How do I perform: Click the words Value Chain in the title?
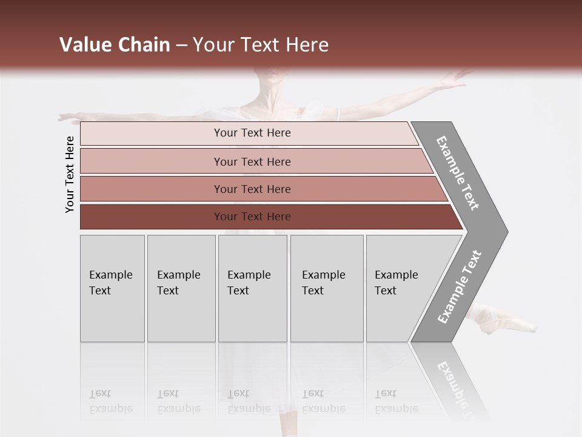115,45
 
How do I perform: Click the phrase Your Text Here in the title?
261,45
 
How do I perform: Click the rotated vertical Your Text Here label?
70,174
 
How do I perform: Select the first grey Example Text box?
112,288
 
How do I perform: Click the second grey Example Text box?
181,288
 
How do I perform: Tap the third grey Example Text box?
252,288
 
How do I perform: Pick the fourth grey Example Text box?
327,288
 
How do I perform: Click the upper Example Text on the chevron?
458,173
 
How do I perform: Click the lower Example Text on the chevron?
460,287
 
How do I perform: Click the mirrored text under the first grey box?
110,401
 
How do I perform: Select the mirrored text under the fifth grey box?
396,401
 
